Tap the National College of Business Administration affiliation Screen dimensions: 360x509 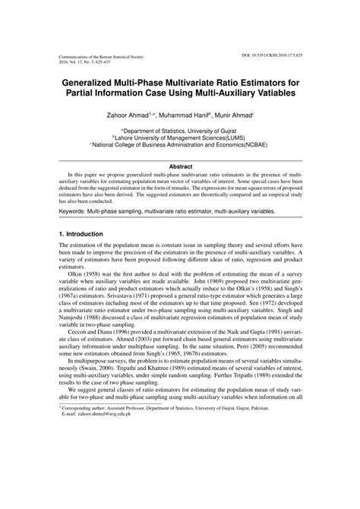[180, 146]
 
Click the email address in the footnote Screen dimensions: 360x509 [97, 476]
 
